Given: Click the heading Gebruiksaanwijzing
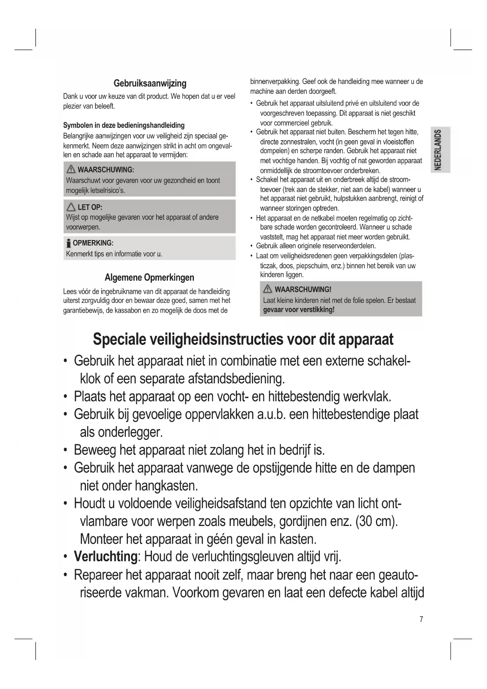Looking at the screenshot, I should click(150, 83).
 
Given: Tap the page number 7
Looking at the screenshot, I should click(421, 619).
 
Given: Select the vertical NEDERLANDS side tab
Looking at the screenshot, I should click(440, 150).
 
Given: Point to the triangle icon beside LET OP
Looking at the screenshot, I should click(71, 207).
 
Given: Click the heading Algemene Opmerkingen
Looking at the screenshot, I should click(149, 277).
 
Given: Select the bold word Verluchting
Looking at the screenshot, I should click(106, 557).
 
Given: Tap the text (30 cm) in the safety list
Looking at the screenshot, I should click(376, 521).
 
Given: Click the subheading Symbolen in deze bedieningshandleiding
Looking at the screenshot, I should click(124, 125).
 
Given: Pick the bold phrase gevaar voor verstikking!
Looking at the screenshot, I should click(299, 310).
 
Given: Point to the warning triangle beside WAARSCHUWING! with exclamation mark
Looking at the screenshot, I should click(268, 290).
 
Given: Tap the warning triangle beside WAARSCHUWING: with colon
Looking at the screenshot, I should click(71, 170).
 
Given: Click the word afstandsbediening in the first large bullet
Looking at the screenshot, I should click(236, 379).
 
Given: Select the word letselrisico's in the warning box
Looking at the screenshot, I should click(107, 191).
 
